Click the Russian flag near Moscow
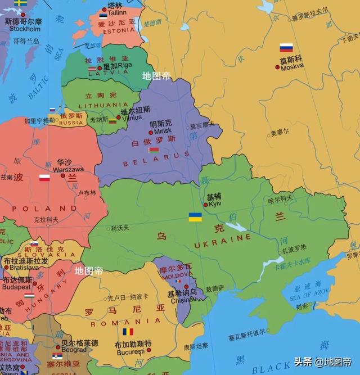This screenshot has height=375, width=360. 286,48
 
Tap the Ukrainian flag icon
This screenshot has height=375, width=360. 195,217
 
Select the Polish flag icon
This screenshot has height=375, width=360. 44,178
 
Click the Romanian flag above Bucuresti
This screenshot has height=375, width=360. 128,332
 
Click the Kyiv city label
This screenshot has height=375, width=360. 215,204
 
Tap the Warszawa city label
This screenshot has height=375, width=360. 68,169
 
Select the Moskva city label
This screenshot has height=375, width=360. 292,66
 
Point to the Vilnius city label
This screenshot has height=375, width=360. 132,118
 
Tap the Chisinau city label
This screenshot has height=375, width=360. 181,300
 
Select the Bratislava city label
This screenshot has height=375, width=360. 24,268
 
